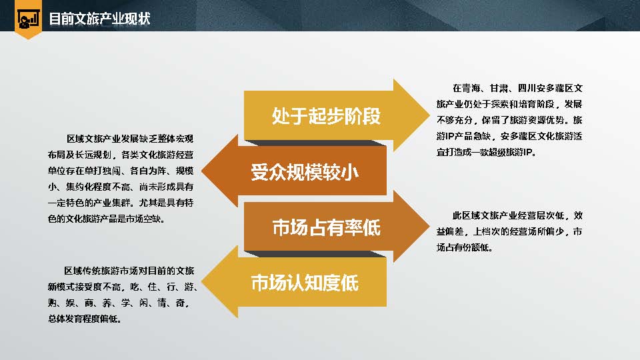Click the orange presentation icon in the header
(28, 19)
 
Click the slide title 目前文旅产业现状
(99, 19)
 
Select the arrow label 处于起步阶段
(326, 116)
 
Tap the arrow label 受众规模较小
(305, 172)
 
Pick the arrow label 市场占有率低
(326, 227)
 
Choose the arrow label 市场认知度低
(305, 283)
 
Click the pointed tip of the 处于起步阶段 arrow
(429, 115)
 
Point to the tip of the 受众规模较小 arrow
(201, 171)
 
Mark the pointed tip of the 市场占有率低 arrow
(429, 227)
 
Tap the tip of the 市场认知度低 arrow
(201, 282)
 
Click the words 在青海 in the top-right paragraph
(466, 88)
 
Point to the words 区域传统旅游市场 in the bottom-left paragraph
(100, 271)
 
